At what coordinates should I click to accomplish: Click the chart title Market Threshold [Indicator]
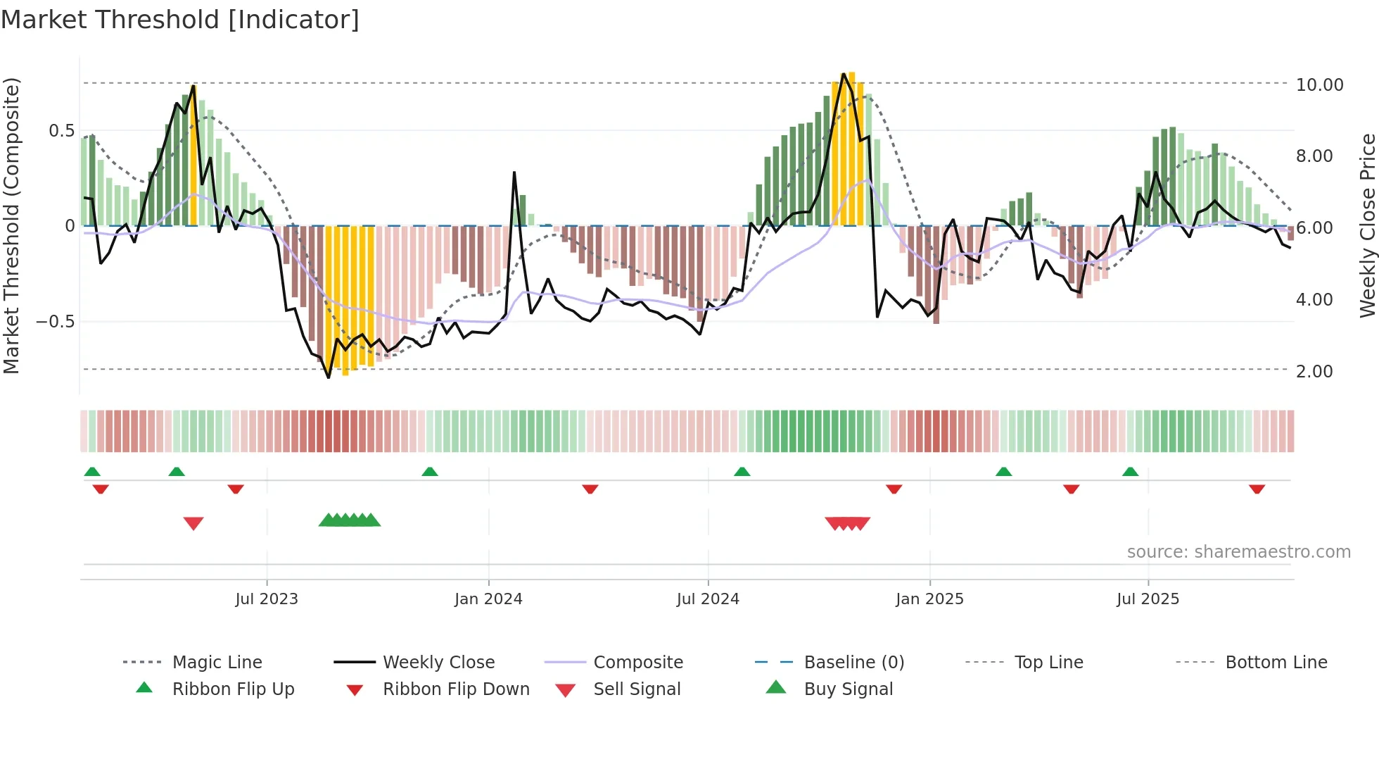click(x=180, y=20)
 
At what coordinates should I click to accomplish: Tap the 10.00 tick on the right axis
click(x=1319, y=85)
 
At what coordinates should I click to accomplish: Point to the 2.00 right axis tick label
click(x=1314, y=372)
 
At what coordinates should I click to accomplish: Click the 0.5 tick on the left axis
click(x=61, y=131)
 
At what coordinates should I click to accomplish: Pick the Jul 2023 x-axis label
click(x=267, y=599)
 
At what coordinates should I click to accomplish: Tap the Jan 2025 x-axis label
click(x=929, y=599)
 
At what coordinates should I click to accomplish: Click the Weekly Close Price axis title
click(x=1367, y=225)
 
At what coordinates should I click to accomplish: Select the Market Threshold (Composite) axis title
click(x=11, y=225)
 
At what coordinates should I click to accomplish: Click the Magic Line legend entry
click(x=217, y=663)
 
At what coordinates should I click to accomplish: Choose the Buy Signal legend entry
click(x=848, y=689)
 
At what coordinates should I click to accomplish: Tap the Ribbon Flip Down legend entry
click(x=455, y=689)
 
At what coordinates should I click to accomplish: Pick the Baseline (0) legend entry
click(x=853, y=663)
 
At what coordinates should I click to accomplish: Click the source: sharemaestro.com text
click(x=1238, y=552)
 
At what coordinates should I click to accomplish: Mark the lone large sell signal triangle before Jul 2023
click(x=193, y=523)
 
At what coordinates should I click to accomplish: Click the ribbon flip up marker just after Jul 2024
click(x=742, y=472)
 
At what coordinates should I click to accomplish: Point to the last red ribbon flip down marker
click(x=1257, y=489)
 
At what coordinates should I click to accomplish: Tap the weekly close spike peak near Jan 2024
click(x=514, y=173)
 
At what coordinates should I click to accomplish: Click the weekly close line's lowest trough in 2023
click(x=329, y=377)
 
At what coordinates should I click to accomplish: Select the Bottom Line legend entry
click(x=1276, y=663)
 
